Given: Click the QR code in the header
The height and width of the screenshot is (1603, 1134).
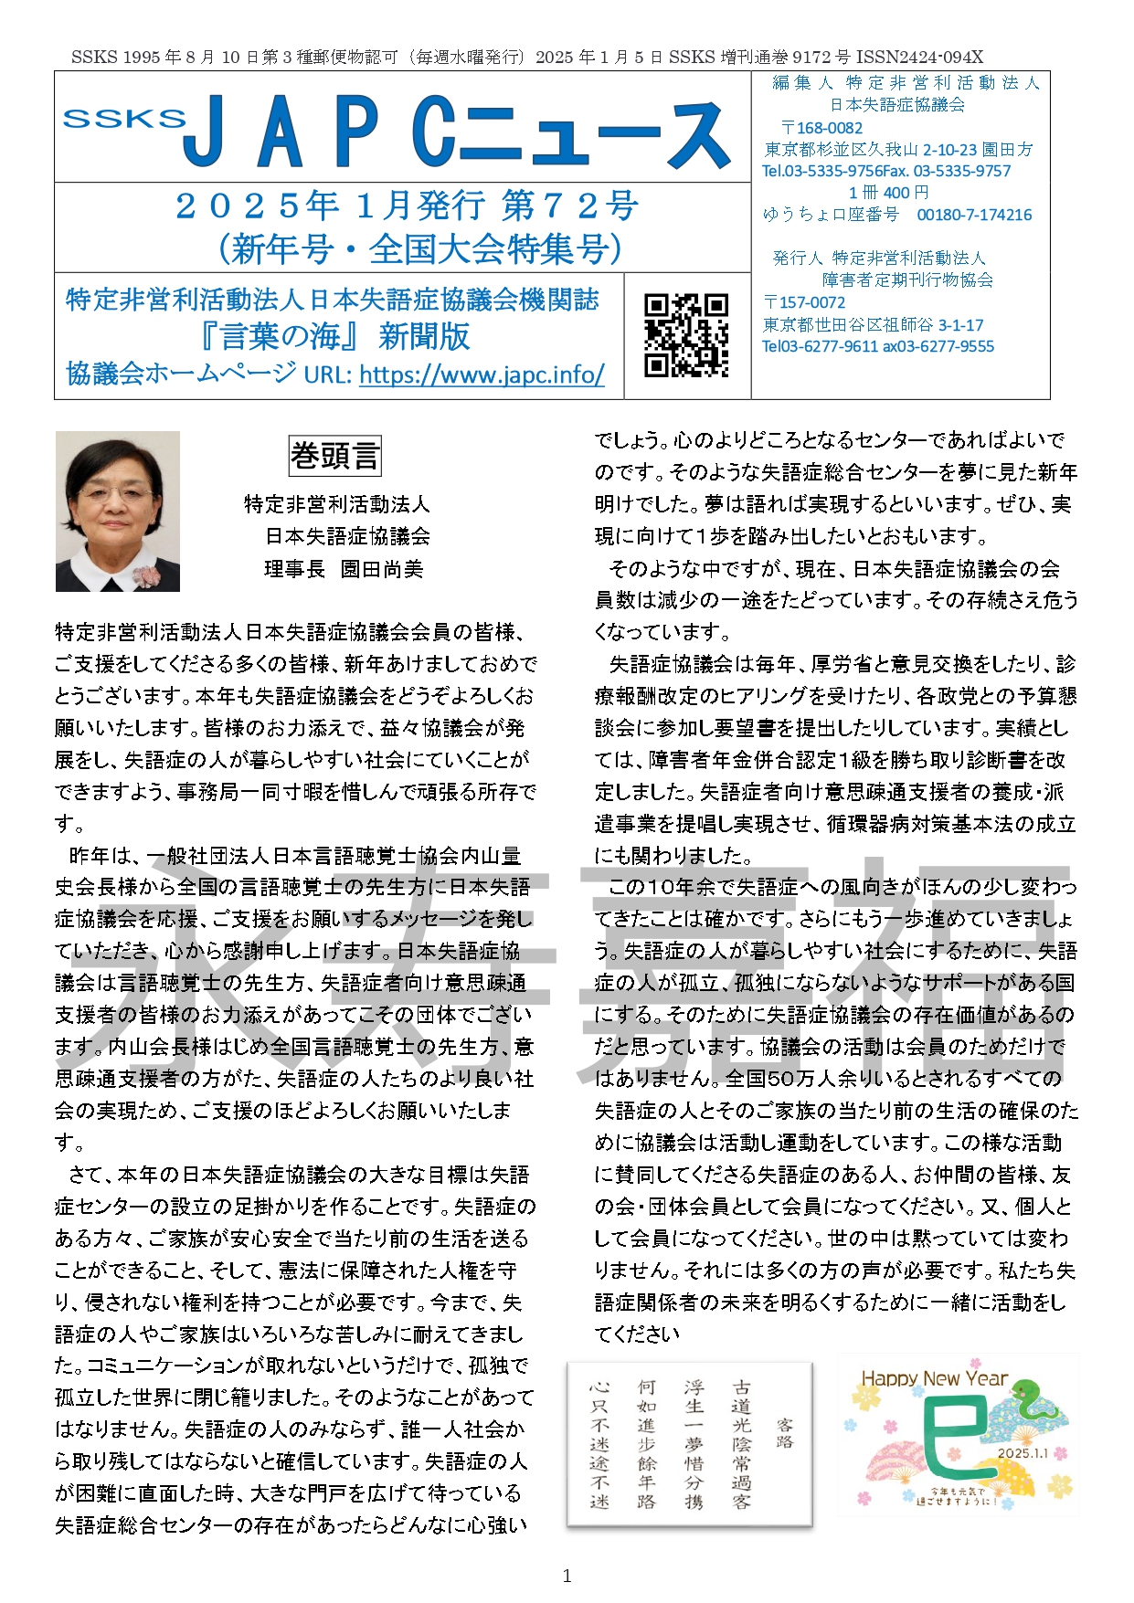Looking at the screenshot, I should click(686, 335).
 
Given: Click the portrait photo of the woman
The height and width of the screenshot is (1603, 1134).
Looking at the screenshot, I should click(118, 511).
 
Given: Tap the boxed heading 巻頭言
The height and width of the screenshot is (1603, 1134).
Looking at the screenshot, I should click(334, 456).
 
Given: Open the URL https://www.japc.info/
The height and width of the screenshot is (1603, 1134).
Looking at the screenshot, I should click(482, 374).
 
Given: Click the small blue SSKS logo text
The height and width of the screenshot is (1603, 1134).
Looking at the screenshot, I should click(123, 118).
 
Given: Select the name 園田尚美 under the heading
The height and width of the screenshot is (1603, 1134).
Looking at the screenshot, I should click(382, 569).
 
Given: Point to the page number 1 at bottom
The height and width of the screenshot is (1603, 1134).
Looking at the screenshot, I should click(567, 1576).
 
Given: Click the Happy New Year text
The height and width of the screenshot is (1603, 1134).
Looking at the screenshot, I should click(934, 1378).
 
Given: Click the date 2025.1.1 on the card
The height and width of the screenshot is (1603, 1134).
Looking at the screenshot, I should click(1023, 1452).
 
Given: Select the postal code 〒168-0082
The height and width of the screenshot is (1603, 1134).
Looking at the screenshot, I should click(821, 128).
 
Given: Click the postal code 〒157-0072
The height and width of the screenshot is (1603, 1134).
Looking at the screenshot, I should click(804, 302).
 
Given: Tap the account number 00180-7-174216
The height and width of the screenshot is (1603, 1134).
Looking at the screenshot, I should click(974, 215).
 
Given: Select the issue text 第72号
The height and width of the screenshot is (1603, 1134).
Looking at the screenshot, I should click(569, 206).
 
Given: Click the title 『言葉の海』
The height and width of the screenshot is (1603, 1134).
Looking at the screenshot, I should click(281, 336).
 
